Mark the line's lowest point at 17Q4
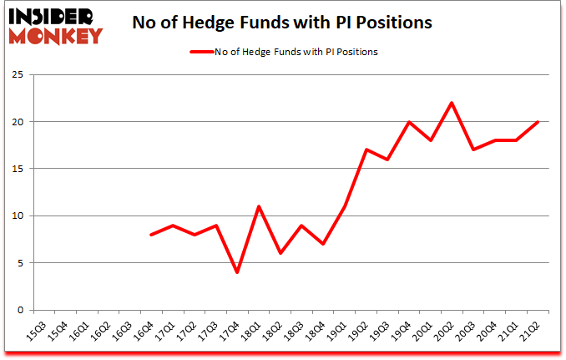(x=237, y=272)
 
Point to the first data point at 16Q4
(x=150, y=235)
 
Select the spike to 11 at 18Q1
(x=259, y=206)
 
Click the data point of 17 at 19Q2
(x=366, y=150)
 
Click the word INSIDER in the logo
(x=52, y=16)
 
